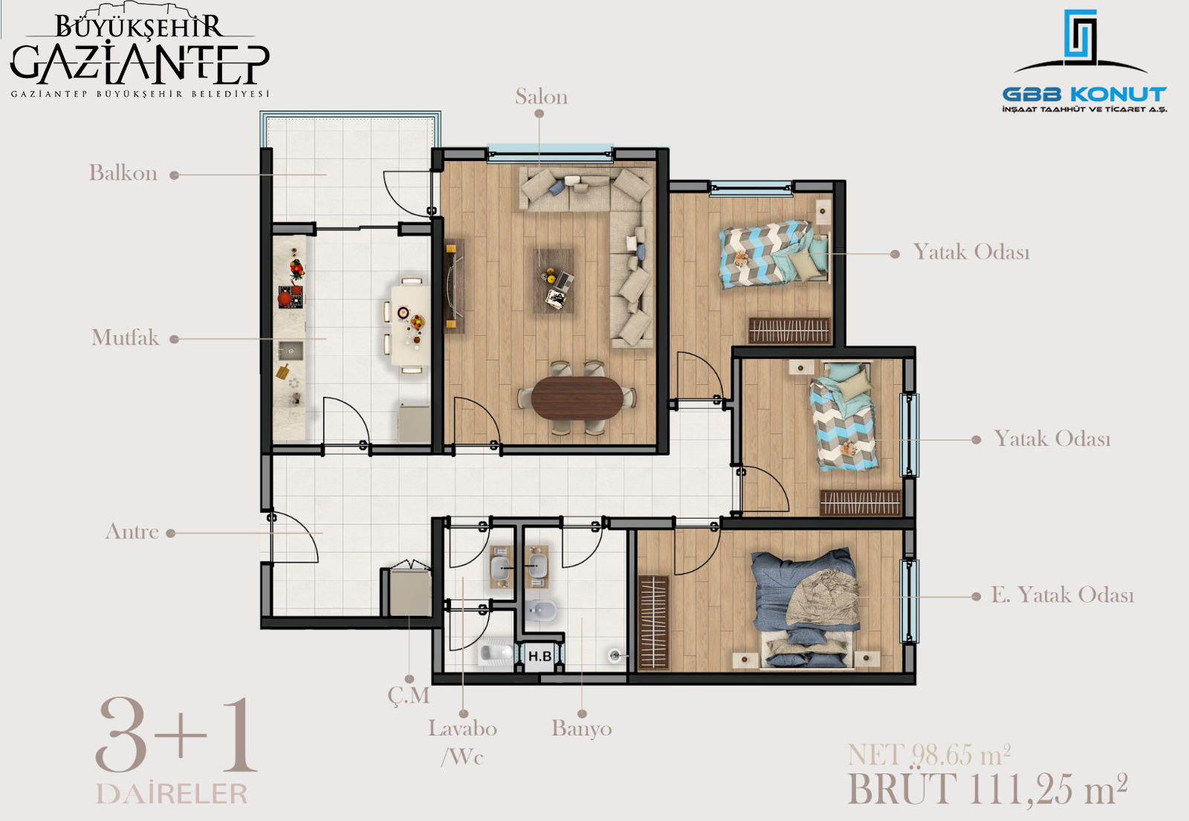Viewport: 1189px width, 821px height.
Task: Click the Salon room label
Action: [541, 97]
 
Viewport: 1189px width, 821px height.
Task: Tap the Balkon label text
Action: [123, 173]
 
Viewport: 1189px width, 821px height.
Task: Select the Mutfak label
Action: [126, 337]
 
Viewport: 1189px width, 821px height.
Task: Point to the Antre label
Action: [132, 531]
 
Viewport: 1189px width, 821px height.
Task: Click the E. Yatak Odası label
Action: [1063, 595]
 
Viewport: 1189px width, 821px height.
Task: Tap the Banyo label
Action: [582, 729]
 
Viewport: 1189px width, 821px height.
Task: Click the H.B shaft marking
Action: [540, 657]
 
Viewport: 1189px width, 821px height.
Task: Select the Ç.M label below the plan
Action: [409, 695]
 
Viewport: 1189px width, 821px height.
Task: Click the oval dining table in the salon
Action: [577, 397]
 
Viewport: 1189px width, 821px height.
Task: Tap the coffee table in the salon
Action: [554, 282]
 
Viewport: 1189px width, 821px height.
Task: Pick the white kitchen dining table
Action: [410, 325]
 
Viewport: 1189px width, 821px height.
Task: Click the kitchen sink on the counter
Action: [291, 351]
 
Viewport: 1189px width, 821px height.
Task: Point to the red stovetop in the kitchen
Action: [291, 297]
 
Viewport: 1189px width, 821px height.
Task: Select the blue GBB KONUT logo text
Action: [1084, 94]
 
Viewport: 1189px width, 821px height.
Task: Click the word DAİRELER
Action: [172, 794]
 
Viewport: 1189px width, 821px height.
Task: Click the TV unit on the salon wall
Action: [454, 286]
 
